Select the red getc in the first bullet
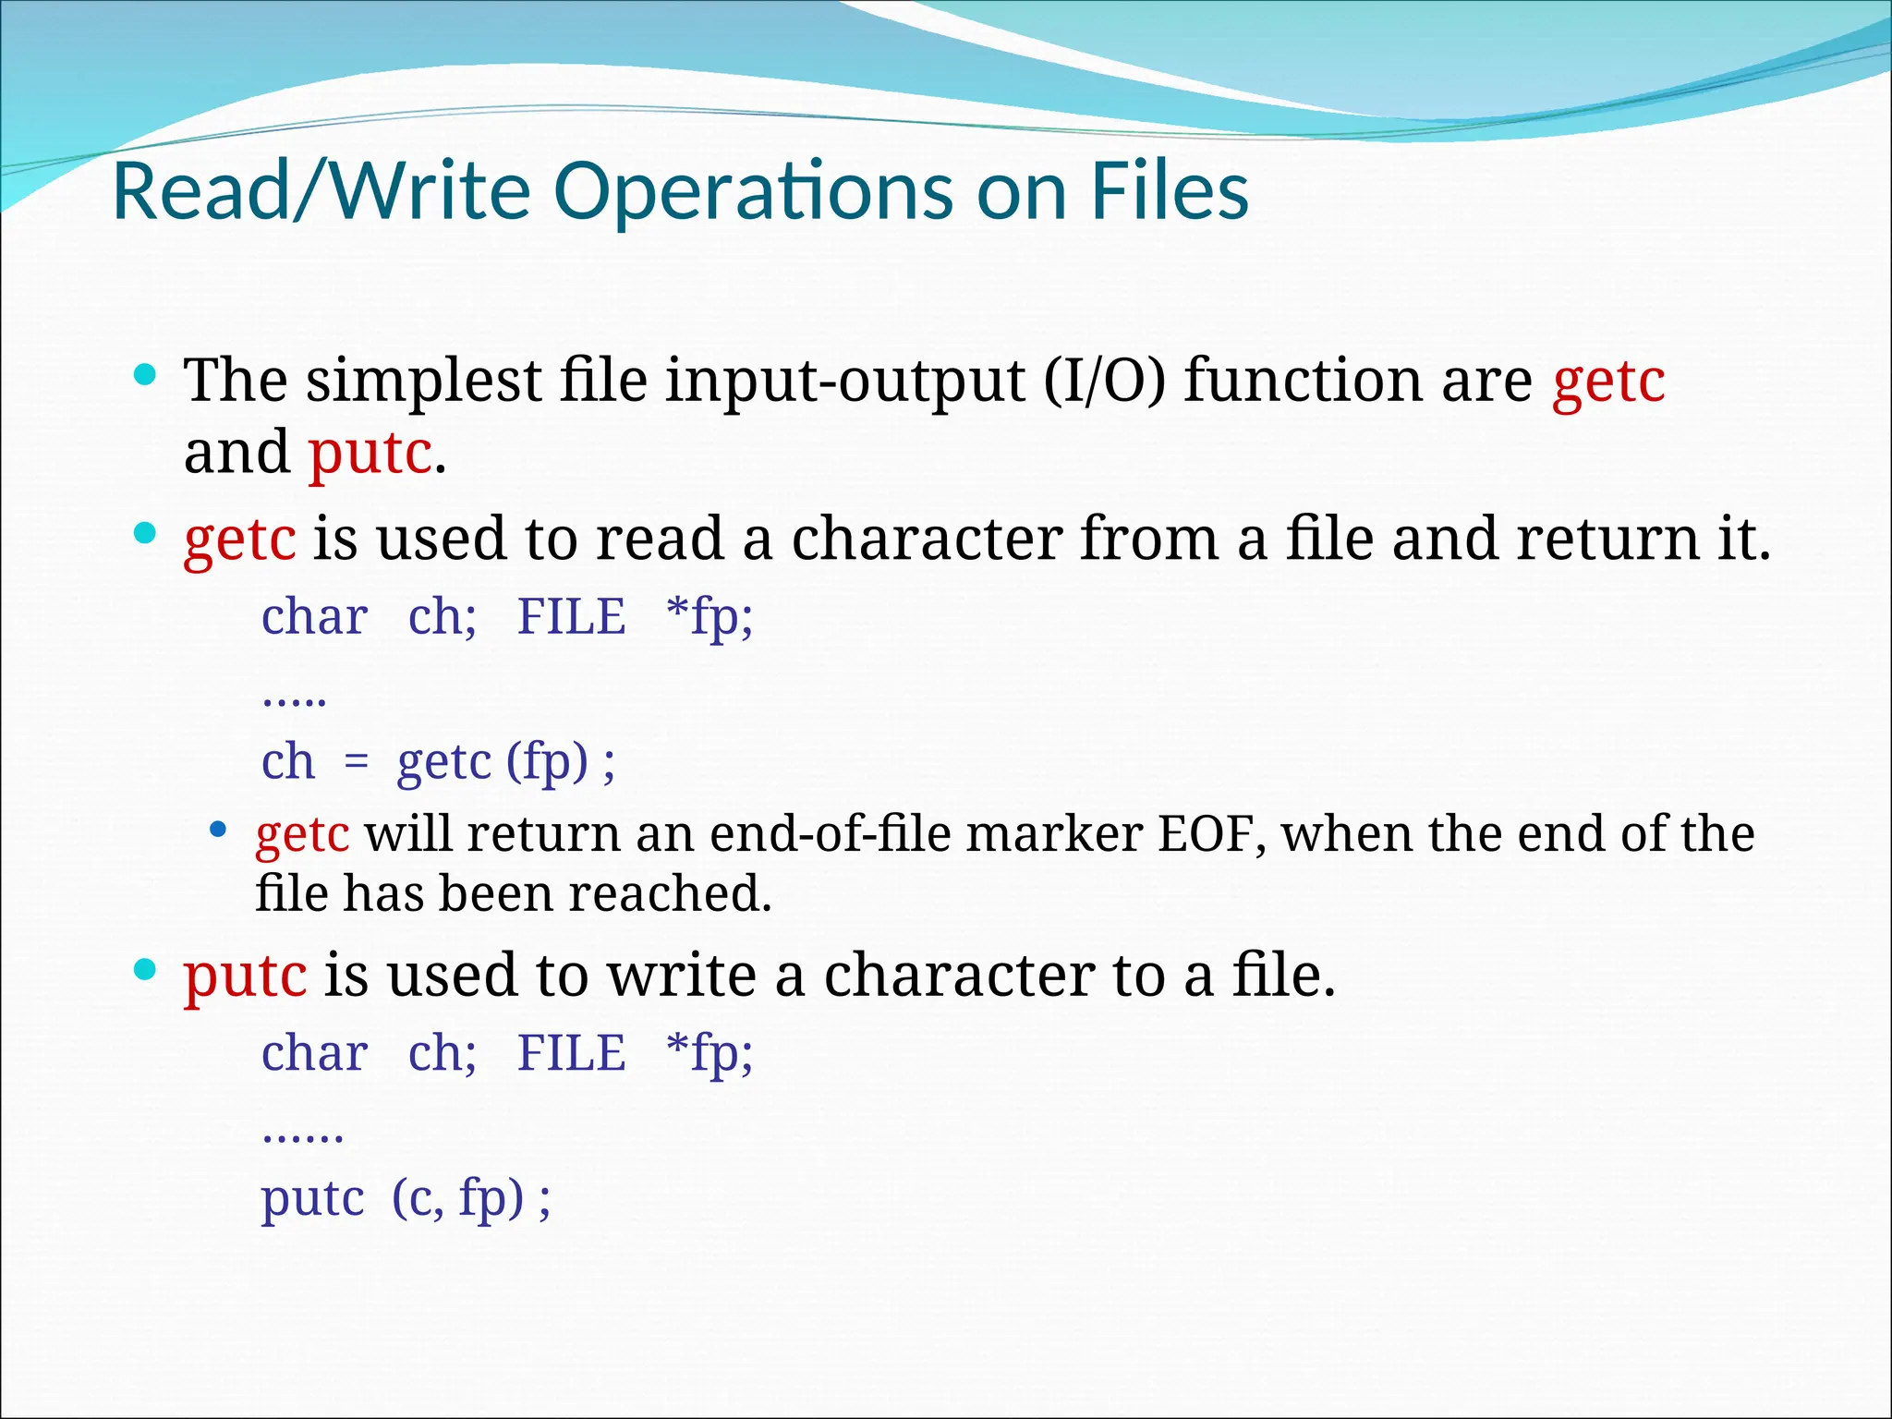point(1608,382)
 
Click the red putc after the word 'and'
point(370,453)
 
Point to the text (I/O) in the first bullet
point(1105,380)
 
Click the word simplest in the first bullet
point(424,382)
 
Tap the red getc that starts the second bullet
point(240,540)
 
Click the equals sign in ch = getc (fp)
point(356,763)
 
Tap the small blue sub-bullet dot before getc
point(218,830)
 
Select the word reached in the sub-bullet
point(669,893)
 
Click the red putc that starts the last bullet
point(245,976)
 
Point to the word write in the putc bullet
point(682,976)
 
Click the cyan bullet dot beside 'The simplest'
point(145,375)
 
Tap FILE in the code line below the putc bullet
point(571,1053)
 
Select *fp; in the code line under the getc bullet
point(709,617)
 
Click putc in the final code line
point(312,1199)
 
